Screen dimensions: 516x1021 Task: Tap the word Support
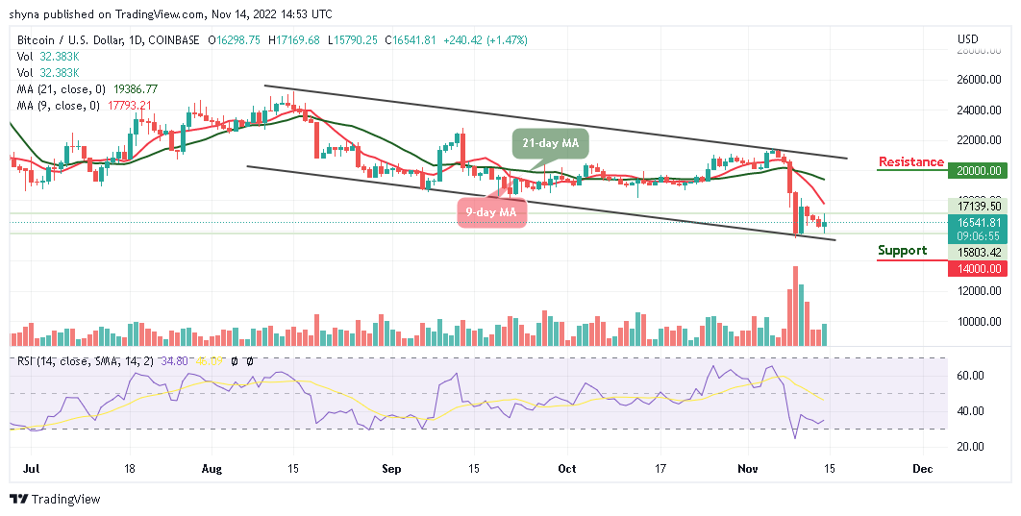coord(903,251)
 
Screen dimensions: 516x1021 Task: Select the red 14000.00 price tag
coord(980,269)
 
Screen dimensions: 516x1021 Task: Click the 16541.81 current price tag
coord(980,222)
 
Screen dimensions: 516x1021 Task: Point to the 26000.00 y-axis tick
coord(980,79)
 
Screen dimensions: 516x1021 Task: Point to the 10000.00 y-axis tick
coord(980,322)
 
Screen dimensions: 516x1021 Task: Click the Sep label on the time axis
coord(390,470)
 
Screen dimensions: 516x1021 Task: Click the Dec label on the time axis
coord(924,470)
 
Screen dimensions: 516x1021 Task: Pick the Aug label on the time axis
coord(212,470)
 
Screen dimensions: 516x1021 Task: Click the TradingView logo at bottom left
coord(55,499)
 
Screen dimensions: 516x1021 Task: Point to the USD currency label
coord(968,39)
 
